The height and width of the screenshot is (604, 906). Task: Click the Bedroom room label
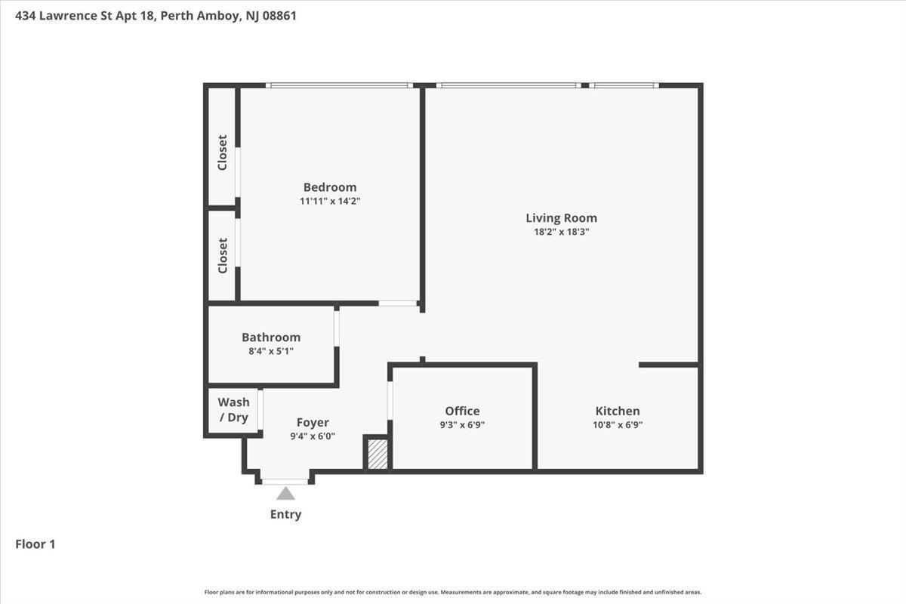330,187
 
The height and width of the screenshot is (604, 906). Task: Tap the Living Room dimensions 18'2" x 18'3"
561,232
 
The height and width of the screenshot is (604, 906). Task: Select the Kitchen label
618,411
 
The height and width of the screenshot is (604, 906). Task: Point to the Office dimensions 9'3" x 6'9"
462,425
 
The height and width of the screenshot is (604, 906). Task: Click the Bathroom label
271,337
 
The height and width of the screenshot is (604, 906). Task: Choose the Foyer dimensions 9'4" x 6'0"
313,436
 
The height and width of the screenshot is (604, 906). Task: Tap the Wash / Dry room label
233,409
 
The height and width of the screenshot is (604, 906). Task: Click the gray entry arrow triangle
285,493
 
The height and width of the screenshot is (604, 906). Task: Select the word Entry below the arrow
285,514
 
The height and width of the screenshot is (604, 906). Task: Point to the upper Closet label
223,153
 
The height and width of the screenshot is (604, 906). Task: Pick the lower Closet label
223,256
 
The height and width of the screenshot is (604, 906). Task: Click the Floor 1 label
35,544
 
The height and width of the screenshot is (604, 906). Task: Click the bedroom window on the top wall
339,85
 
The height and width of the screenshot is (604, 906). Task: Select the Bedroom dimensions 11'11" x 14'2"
330,201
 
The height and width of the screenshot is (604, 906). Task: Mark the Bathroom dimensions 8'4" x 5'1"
271,351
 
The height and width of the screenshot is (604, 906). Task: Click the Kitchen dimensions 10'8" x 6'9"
618,425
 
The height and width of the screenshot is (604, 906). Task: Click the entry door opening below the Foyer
285,482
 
